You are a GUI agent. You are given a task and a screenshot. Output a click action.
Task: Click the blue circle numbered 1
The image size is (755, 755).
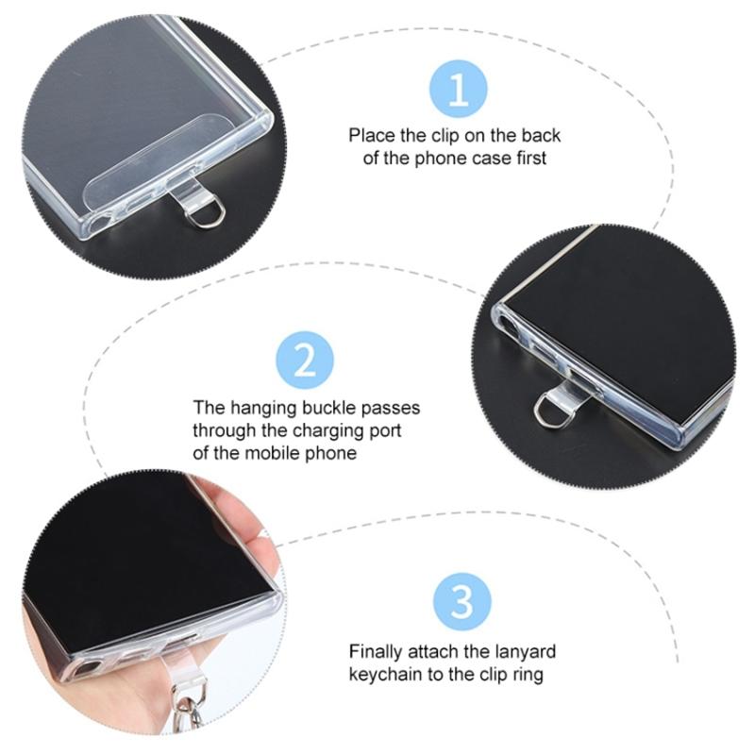tap(458, 89)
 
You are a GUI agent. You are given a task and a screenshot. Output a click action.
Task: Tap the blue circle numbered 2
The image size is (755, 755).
tap(305, 361)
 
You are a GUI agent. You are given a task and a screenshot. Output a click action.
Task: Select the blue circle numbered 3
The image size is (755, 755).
tap(462, 602)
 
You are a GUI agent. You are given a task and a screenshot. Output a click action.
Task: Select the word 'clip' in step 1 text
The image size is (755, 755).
tap(445, 136)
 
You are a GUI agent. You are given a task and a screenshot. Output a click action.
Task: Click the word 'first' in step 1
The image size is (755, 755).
tap(531, 158)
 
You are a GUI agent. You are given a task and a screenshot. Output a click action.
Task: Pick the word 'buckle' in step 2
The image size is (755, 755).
tap(328, 408)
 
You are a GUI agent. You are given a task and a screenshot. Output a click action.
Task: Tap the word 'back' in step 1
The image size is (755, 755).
tap(541, 135)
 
